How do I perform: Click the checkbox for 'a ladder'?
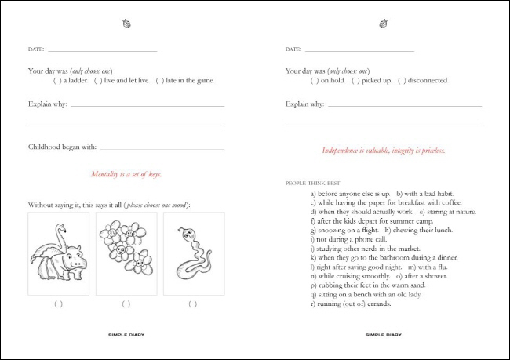click(x=57, y=80)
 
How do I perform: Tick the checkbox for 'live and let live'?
click(x=98, y=80)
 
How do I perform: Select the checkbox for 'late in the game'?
click(x=160, y=80)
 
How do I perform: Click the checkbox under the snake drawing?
click(x=194, y=304)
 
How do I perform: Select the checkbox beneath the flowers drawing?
click(x=126, y=304)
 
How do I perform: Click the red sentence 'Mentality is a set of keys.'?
click(x=126, y=174)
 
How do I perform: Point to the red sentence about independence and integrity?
click(x=384, y=150)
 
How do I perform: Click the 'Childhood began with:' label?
click(x=62, y=147)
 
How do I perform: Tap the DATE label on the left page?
click(x=35, y=50)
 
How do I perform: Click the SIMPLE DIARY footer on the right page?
click(x=384, y=334)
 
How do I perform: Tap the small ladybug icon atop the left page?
click(x=126, y=24)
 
